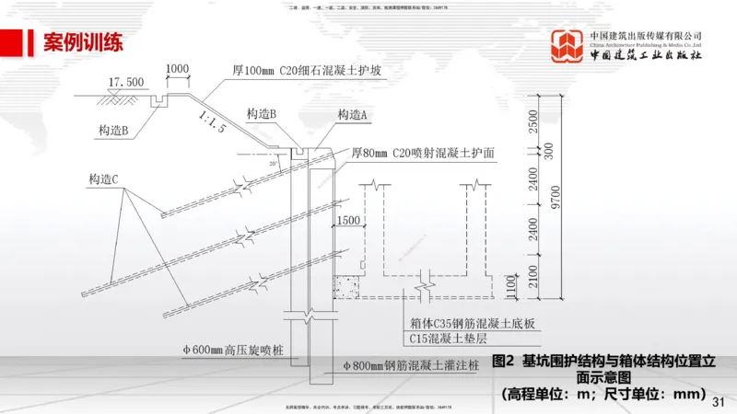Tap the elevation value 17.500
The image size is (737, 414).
point(125,83)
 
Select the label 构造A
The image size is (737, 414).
point(353,114)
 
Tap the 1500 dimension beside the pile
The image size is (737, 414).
point(348,221)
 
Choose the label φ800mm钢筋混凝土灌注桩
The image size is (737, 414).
point(410,366)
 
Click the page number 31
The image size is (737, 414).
point(719,401)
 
